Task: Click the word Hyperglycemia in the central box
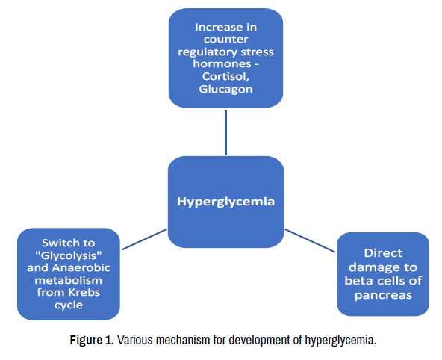[225, 202]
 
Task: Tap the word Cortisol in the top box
[225, 77]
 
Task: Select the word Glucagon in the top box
[225, 90]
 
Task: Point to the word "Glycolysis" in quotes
[69, 255]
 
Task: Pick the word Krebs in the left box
[84, 292]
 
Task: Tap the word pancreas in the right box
[383, 296]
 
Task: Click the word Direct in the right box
[383, 253]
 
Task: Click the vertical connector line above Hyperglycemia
[225, 132]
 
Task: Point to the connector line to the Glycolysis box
[144, 239]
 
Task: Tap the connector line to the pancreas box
[310, 240]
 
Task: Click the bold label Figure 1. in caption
[92, 340]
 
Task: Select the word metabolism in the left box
[69, 280]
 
